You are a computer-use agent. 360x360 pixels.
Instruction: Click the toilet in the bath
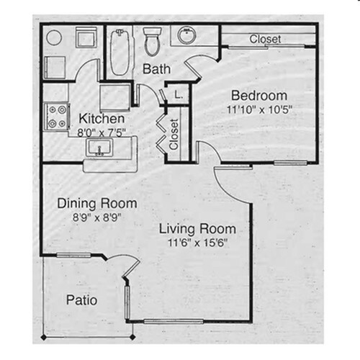coord(152,41)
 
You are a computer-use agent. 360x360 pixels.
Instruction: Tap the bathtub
coord(120,53)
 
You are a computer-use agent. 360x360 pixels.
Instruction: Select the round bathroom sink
coord(186,35)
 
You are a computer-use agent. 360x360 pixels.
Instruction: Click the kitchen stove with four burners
coord(57,117)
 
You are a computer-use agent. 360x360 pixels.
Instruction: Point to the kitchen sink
coord(99,148)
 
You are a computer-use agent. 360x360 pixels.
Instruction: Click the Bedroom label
coord(259,96)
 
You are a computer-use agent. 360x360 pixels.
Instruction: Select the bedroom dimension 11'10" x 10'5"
coord(259,110)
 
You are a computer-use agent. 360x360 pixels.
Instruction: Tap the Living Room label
coord(197,229)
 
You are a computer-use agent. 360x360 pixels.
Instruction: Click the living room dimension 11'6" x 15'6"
coord(197,243)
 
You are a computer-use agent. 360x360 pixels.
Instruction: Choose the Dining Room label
coord(97,203)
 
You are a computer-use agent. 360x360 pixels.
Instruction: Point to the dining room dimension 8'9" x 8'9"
coord(96,217)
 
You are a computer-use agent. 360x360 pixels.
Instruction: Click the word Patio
coord(81,300)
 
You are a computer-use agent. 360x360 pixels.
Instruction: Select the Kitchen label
coord(102,119)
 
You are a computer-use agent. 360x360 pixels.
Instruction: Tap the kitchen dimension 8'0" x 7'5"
coord(102,132)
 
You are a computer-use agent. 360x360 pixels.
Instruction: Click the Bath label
coord(156,69)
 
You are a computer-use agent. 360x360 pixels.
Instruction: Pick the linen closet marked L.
coord(178,94)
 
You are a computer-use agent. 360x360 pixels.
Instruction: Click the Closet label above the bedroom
coord(265,39)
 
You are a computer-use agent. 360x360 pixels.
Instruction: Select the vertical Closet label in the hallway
coord(174,135)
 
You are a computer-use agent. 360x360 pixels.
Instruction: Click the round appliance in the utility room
coord(54,37)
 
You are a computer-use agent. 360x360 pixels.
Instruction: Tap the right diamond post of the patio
coord(132,337)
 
